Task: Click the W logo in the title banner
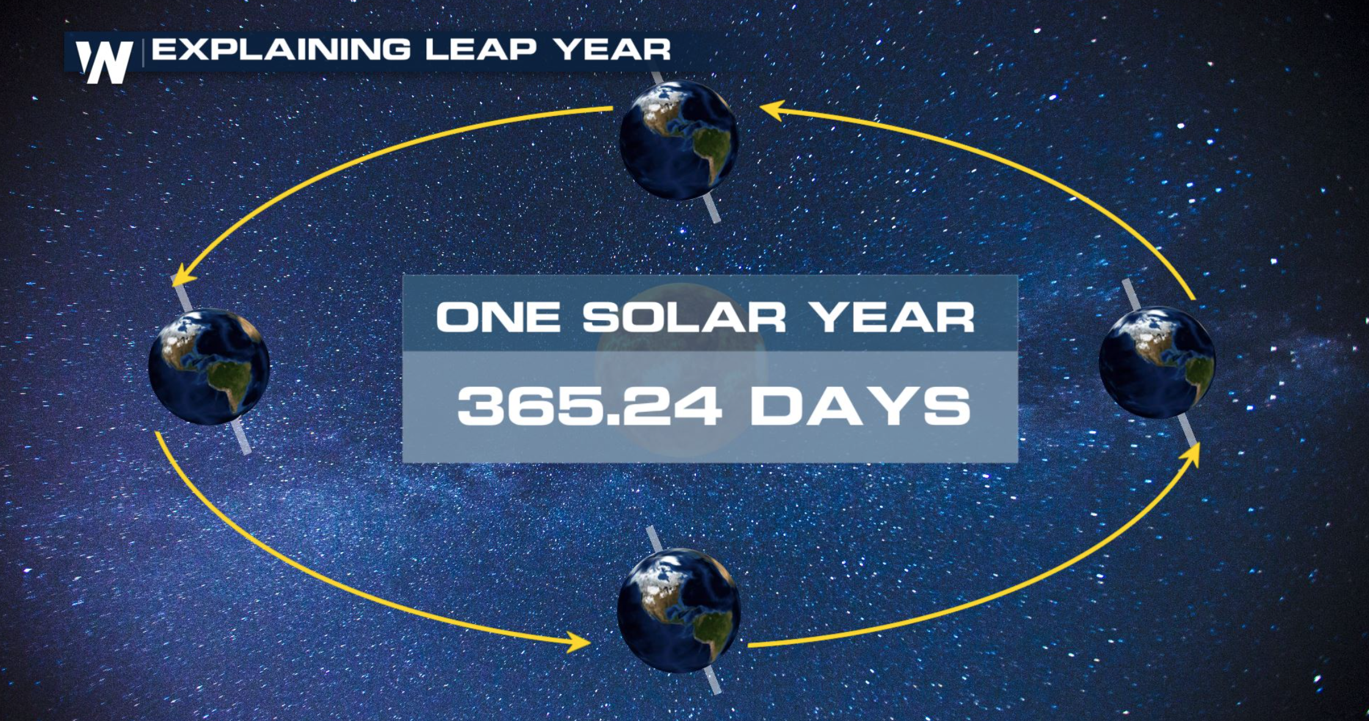(x=104, y=61)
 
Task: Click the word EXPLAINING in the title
(x=281, y=49)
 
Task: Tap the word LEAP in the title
(x=481, y=49)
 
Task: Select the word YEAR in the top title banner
(x=613, y=49)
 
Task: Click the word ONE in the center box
(x=498, y=317)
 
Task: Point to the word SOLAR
(x=684, y=317)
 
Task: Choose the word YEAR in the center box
(x=893, y=317)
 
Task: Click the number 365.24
(x=589, y=406)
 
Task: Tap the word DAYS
(x=860, y=406)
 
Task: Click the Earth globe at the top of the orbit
(x=678, y=141)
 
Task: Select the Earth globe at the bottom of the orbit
(x=678, y=610)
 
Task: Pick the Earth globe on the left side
(x=209, y=367)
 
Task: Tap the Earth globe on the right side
(x=1157, y=362)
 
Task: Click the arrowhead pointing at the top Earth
(x=771, y=111)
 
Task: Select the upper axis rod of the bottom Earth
(x=654, y=538)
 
